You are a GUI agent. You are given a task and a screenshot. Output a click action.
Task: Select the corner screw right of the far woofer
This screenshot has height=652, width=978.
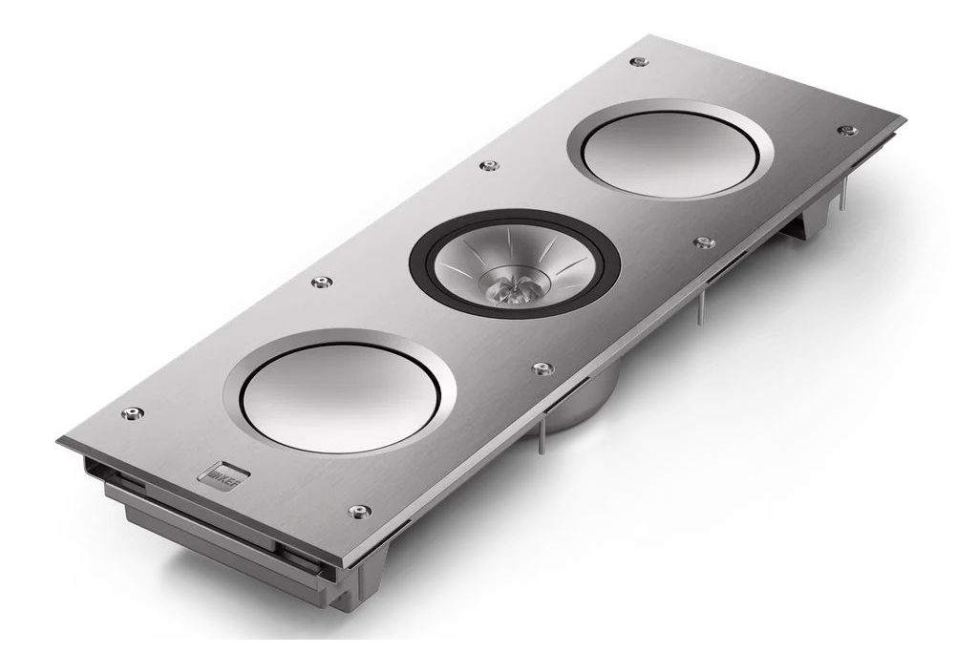(843, 131)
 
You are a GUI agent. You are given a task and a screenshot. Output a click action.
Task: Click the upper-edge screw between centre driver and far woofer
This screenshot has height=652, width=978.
(489, 166)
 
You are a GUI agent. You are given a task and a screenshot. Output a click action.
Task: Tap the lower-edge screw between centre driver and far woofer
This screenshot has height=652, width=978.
(703, 242)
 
